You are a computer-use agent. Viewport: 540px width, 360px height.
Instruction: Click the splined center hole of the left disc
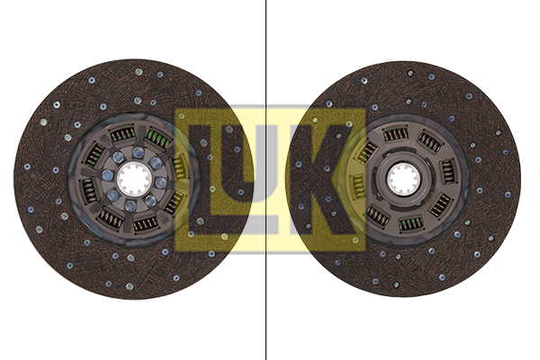coord(134,179)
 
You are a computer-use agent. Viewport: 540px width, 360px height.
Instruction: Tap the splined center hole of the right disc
coord(403,179)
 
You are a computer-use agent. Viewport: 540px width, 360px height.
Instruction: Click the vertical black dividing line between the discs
coord(265,180)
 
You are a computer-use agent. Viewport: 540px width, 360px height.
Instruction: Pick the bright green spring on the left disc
coord(158,138)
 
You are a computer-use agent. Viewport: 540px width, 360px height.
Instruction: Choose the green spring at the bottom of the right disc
coord(410,223)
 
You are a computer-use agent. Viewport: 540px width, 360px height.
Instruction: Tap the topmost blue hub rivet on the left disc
coord(139,152)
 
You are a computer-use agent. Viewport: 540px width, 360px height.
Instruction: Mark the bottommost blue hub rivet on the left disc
coord(130,206)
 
